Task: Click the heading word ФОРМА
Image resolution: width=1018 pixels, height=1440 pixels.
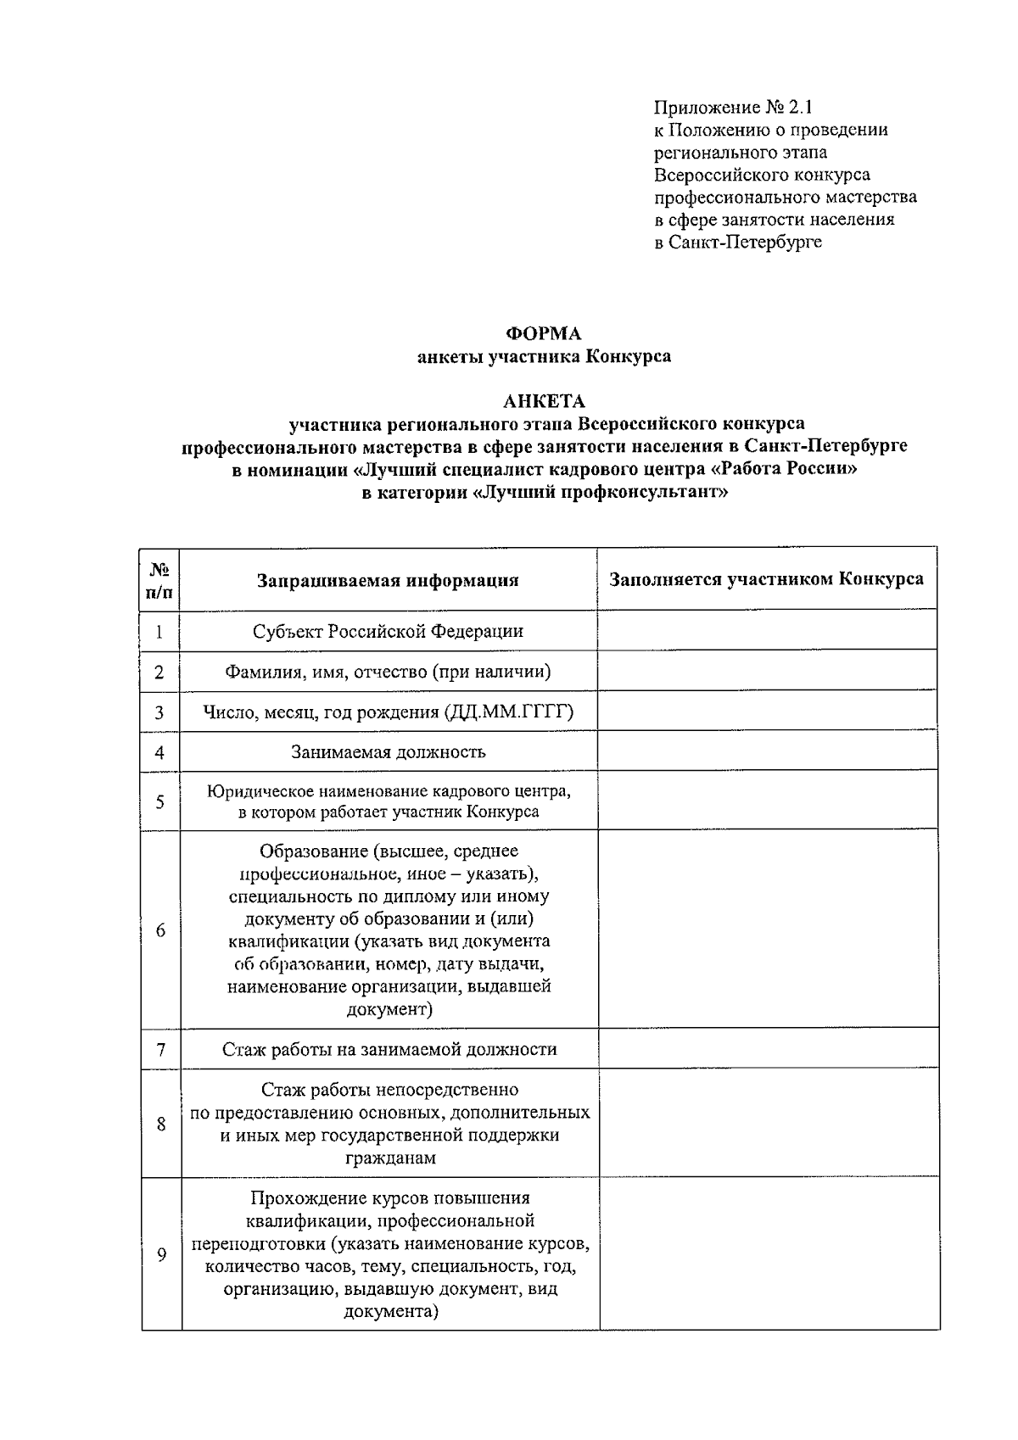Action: (x=543, y=333)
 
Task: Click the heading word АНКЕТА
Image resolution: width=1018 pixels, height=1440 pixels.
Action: (x=544, y=401)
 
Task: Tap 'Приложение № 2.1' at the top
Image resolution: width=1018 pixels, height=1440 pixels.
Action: (x=733, y=108)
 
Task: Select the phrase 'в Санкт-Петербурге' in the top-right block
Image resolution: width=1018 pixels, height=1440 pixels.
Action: (x=737, y=242)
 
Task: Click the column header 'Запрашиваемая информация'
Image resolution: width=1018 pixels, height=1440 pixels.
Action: (x=388, y=580)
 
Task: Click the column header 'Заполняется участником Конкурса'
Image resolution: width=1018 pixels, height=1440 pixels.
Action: (x=766, y=579)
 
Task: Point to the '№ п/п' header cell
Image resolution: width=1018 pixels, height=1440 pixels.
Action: (x=160, y=580)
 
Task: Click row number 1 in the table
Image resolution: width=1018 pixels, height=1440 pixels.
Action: (x=159, y=632)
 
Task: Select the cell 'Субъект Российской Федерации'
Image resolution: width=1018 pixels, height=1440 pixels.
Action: (x=388, y=631)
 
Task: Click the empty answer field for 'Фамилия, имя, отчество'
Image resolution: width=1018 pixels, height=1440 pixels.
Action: (x=766, y=672)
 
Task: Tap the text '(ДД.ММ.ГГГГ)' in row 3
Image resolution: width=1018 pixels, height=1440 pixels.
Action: (x=508, y=712)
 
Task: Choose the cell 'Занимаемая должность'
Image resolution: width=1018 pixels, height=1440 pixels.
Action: (x=388, y=751)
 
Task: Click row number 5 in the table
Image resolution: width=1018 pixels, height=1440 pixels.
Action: (x=159, y=801)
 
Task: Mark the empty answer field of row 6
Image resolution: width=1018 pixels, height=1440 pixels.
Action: (x=766, y=929)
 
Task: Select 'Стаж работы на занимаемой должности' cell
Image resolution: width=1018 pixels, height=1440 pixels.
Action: (x=389, y=1049)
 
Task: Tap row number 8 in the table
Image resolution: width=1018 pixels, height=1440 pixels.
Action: (x=160, y=1124)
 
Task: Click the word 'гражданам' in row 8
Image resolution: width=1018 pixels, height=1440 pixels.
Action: (x=390, y=1158)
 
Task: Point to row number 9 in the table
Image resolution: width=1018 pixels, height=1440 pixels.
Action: (x=161, y=1255)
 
